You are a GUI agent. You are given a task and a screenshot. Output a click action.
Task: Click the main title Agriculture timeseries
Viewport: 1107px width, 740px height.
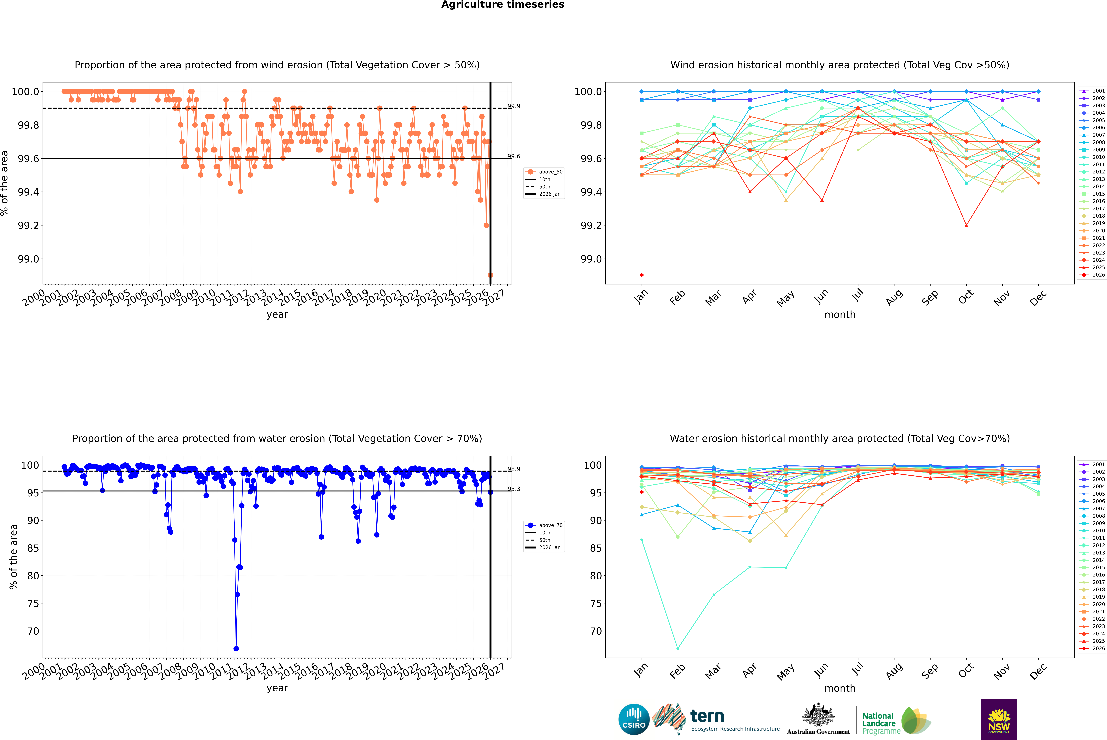point(503,5)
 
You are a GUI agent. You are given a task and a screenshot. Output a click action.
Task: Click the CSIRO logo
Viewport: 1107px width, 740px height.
point(634,719)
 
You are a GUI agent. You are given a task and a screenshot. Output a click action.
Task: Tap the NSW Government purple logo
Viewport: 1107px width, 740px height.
point(999,719)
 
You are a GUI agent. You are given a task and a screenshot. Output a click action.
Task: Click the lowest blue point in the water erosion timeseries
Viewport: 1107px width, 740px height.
point(236,648)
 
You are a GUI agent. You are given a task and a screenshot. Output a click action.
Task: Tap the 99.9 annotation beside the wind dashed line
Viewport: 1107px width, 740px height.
point(514,106)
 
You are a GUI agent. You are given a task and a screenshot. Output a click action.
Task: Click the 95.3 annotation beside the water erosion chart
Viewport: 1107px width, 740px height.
point(514,489)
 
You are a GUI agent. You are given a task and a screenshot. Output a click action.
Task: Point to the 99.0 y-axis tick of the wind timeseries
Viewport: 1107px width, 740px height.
point(28,259)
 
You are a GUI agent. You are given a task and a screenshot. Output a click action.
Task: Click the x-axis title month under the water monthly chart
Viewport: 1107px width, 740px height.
point(840,688)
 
